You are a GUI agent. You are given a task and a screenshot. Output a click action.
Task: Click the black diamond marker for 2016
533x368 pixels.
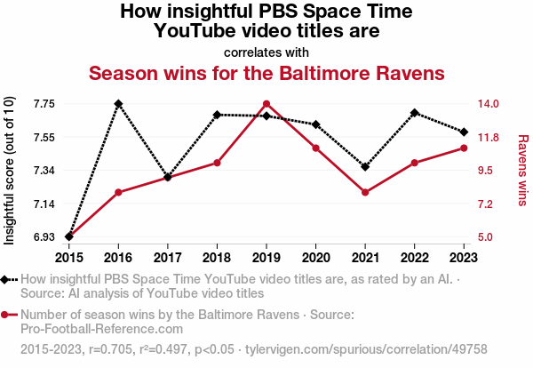pos(118,104)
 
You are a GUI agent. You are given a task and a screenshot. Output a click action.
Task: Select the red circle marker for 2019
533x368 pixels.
pos(266,104)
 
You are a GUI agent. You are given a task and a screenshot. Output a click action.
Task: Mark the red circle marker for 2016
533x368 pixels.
pos(118,192)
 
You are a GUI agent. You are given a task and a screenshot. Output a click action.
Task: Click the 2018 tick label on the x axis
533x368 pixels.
pos(217,258)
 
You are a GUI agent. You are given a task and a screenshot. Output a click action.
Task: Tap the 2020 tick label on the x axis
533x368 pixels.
pos(315,258)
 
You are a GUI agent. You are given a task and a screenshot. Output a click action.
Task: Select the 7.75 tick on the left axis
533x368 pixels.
pos(43,104)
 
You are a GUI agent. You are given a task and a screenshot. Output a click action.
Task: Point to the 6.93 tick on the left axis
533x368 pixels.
pos(43,237)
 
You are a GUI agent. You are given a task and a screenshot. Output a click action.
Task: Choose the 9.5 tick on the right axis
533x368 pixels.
pos(491,171)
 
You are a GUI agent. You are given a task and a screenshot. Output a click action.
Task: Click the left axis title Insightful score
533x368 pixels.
pos(11,171)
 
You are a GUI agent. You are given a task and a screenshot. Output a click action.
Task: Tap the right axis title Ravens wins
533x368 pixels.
pos(523,171)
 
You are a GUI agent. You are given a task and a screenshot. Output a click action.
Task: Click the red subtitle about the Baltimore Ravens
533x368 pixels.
pos(266,71)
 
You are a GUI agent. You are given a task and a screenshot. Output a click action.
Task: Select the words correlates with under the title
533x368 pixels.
pos(266,52)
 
